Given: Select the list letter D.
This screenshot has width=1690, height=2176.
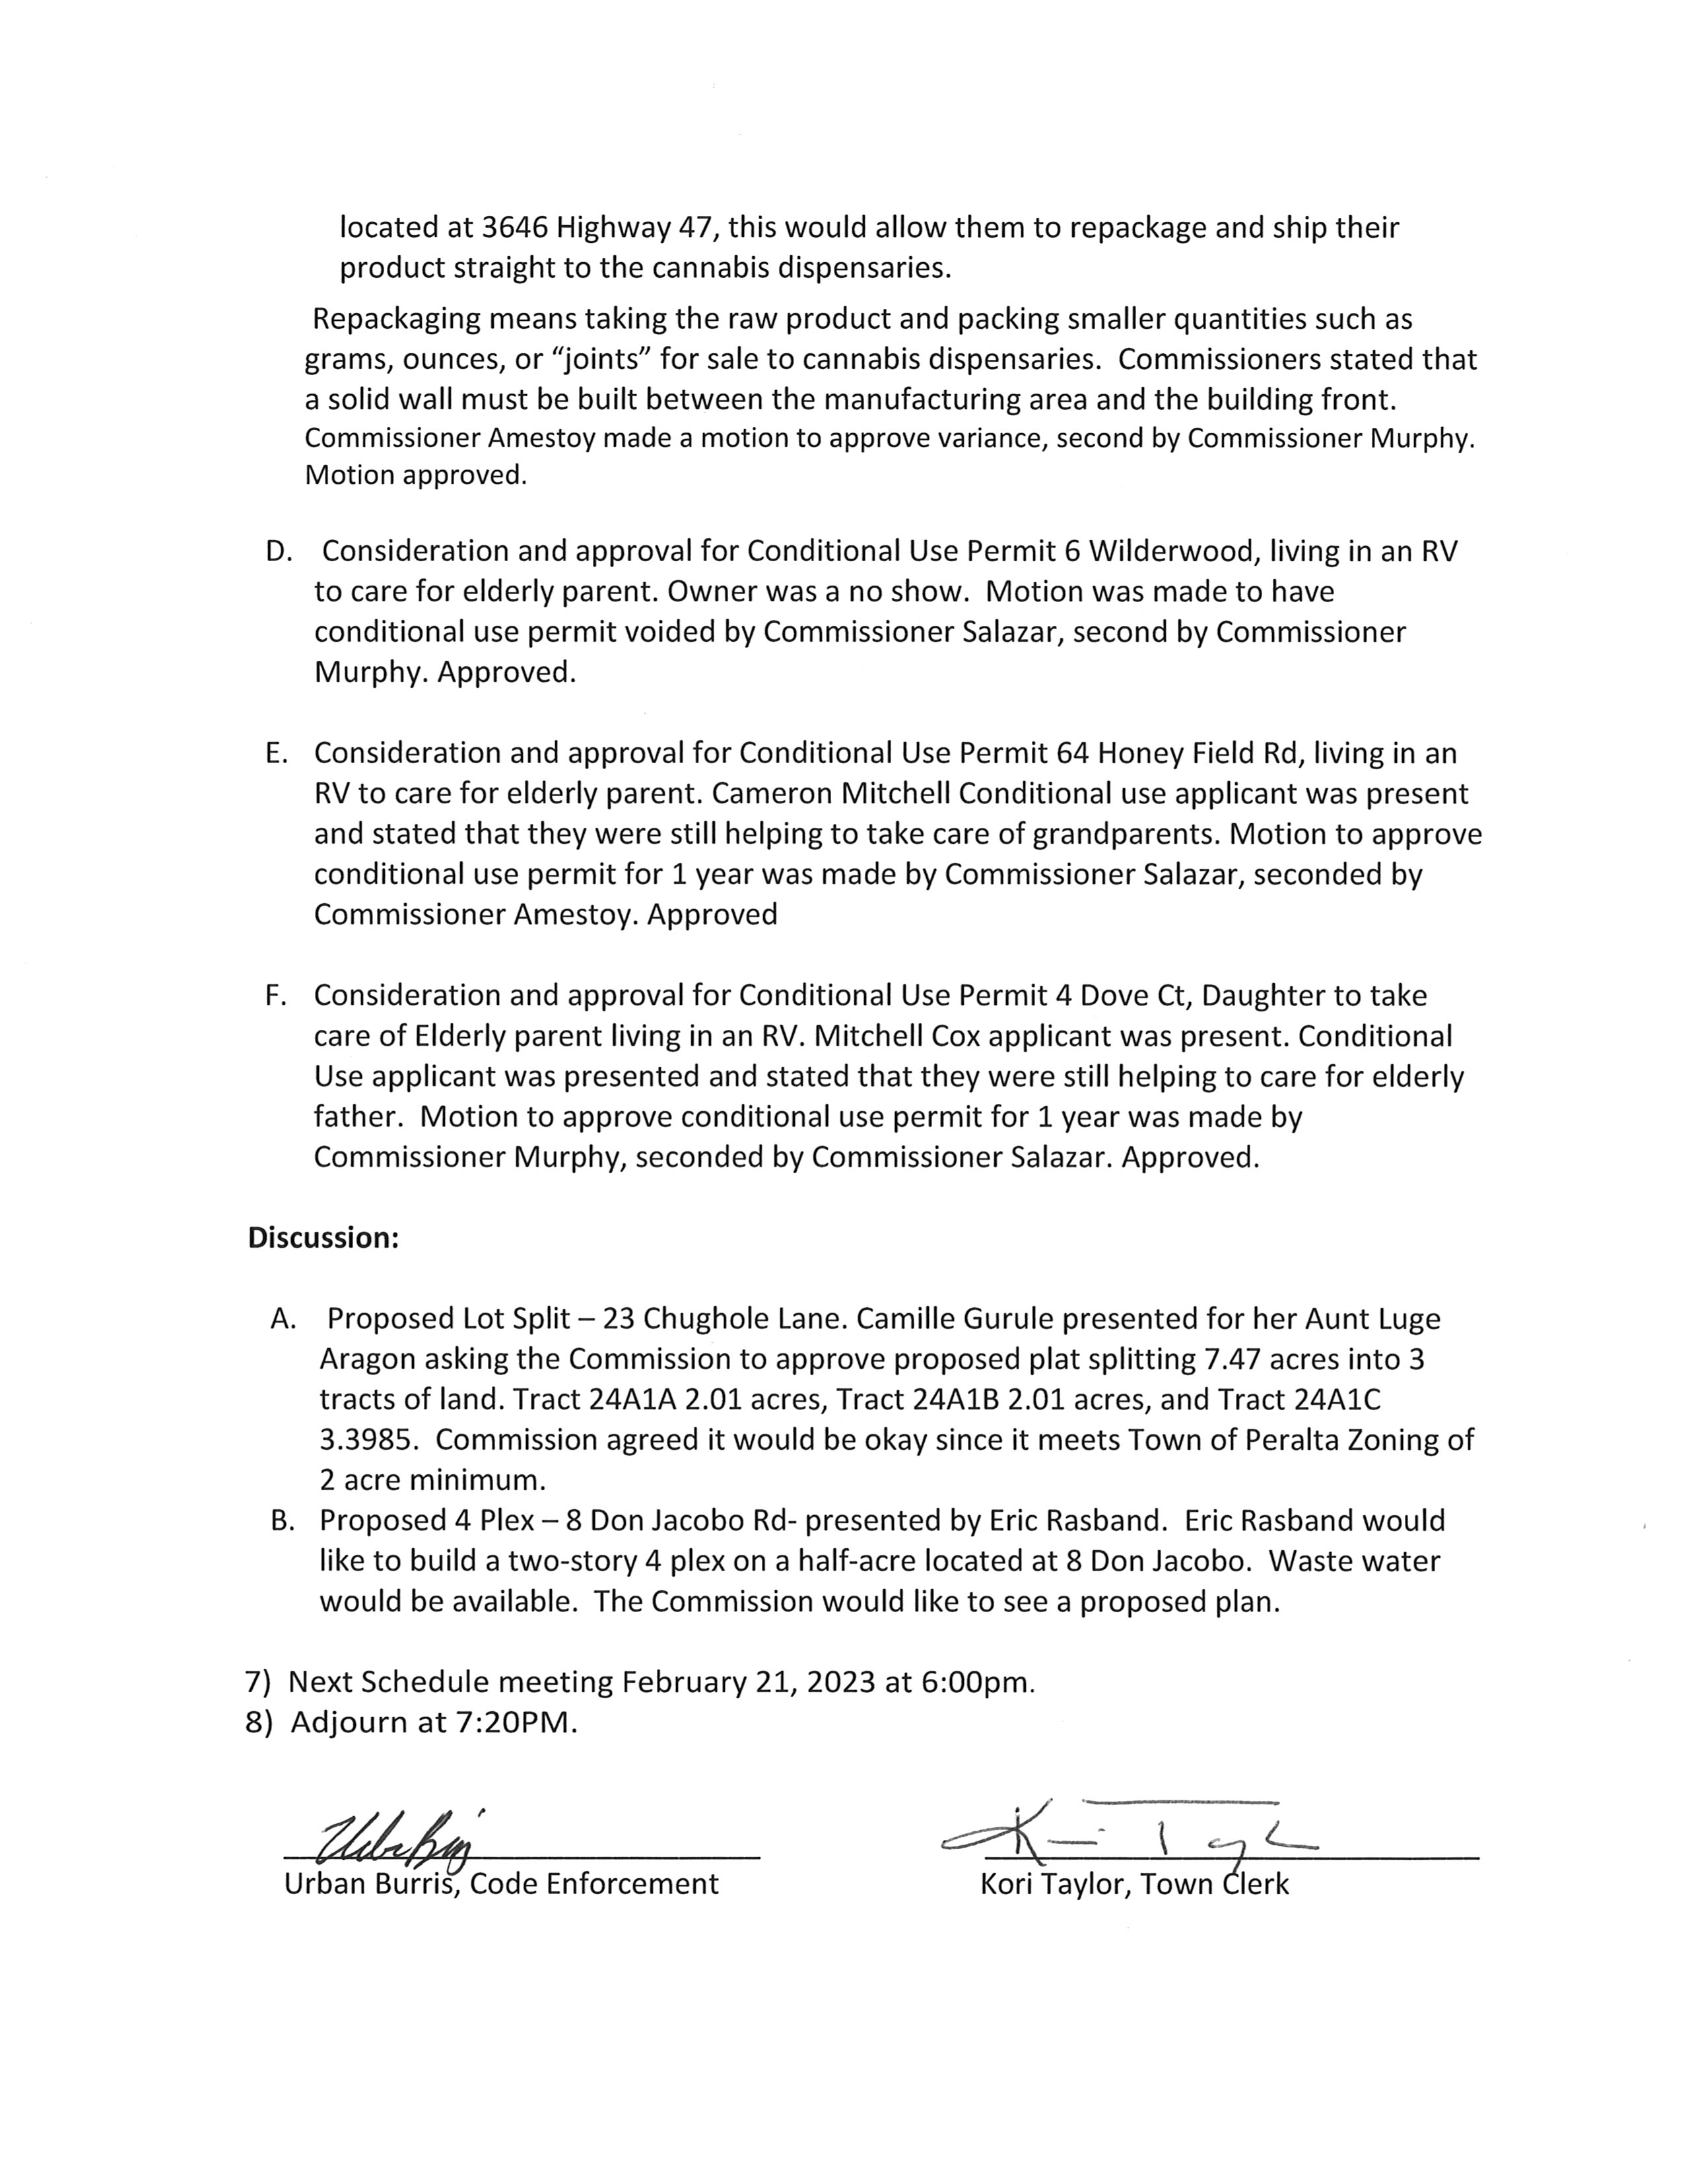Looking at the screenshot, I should pos(277,552).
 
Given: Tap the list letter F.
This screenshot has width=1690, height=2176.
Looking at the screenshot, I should pos(275,996).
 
